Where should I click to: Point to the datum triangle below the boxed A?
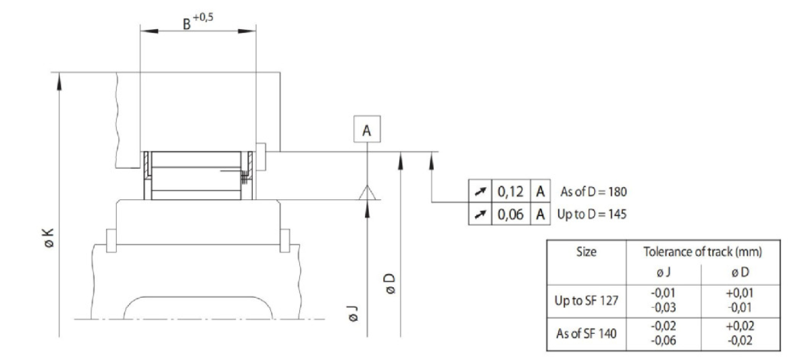point(367,192)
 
